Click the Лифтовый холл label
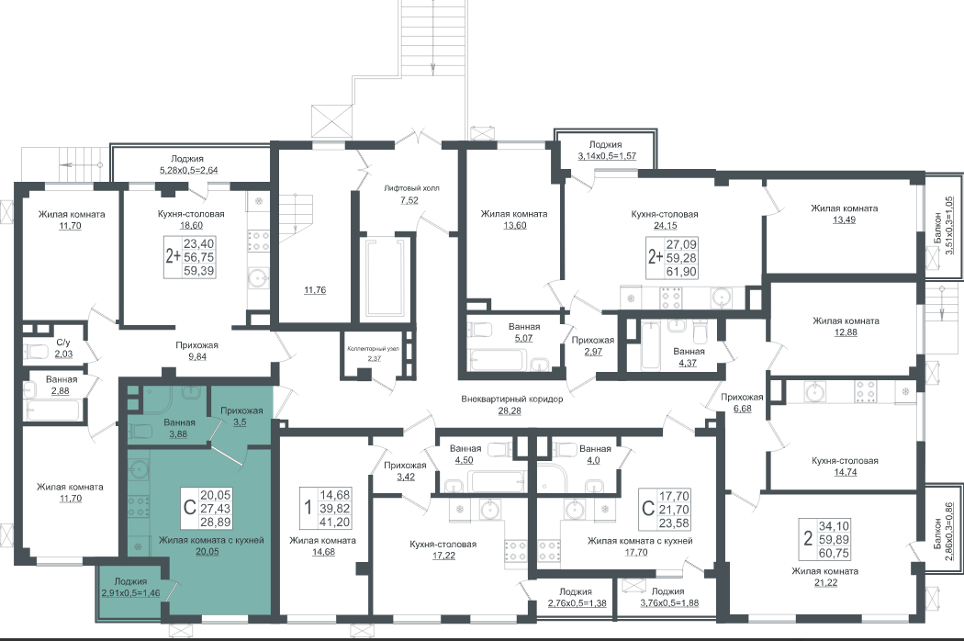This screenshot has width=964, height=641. pyautogui.click(x=412, y=194)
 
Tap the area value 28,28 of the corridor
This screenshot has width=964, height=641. pyautogui.click(x=510, y=410)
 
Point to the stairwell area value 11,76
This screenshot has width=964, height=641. pyautogui.click(x=315, y=290)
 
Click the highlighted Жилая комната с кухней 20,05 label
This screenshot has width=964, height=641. pyautogui.click(x=211, y=545)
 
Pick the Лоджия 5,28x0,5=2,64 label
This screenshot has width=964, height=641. pyautogui.click(x=187, y=164)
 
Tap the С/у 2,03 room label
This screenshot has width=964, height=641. pyautogui.click(x=63, y=347)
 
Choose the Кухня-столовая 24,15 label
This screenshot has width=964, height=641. pyautogui.click(x=665, y=219)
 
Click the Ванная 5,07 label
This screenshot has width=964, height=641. pyautogui.click(x=524, y=332)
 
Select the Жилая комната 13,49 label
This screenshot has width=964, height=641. pyautogui.click(x=844, y=213)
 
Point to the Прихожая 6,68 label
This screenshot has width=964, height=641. pyautogui.click(x=742, y=402)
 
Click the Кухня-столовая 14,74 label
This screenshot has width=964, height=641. pyautogui.click(x=845, y=467)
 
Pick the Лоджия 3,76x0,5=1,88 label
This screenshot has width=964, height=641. pyautogui.click(x=667, y=597)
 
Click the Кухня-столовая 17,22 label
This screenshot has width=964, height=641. pyautogui.click(x=443, y=549)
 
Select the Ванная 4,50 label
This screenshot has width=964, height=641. pyautogui.click(x=465, y=454)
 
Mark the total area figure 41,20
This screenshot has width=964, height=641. pyautogui.click(x=335, y=522)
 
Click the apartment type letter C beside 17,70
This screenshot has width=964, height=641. pyautogui.click(x=647, y=508)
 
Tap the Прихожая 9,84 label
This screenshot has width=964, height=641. pyautogui.click(x=196, y=351)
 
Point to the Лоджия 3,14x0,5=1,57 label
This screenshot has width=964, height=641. pyautogui.click(x=606, y=151)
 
